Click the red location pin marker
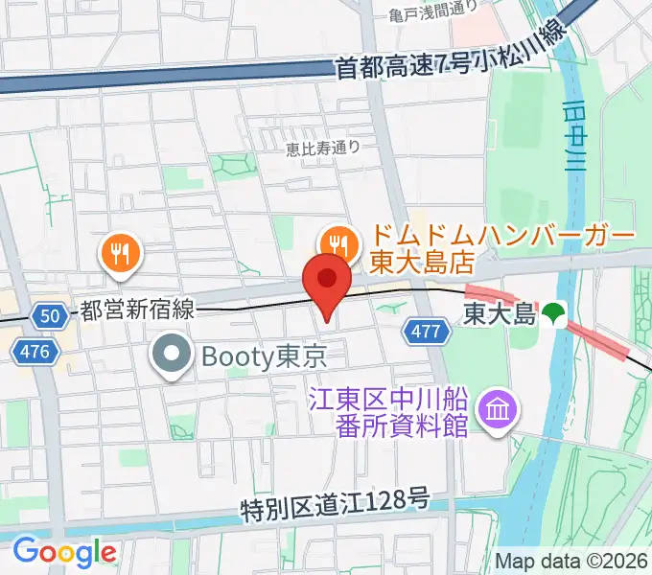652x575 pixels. click(x=327, y=281)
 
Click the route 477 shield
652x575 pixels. click(x=428, y=332)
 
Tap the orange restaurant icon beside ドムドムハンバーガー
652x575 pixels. click(x=337, y=241)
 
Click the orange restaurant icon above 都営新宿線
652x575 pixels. click(x=120, y=253)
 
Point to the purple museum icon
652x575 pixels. click(x=499, y=410)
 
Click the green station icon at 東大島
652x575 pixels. click(x=552, y=312)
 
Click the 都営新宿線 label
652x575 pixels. click(x=138, y=309)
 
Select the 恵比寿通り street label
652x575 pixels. click(x=323, y=147)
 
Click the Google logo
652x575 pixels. click(x=64, y=551)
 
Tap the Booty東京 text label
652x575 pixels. click(x=265, y=356)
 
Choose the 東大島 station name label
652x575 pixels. click(x=499, y=312)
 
